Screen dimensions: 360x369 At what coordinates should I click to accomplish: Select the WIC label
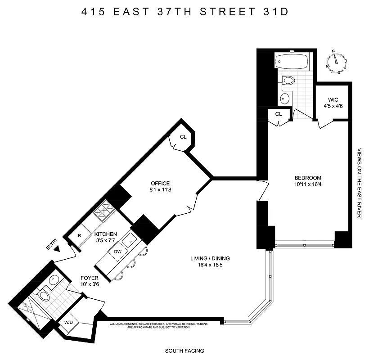tap(333, 99)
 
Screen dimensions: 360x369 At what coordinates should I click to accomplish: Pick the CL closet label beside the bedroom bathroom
tap(279, 114)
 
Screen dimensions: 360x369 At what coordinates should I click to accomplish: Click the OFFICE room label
tap(160, 183)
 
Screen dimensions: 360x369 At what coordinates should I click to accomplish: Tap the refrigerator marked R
tap(79, 235)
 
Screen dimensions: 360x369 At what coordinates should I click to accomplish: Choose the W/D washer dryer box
tap(69, 322)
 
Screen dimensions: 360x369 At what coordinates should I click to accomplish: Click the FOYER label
tap(90, 278)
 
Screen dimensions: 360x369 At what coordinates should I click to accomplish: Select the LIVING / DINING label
tap(211, 258)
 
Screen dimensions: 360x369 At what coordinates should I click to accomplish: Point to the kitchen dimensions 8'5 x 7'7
tap(105, 241)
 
